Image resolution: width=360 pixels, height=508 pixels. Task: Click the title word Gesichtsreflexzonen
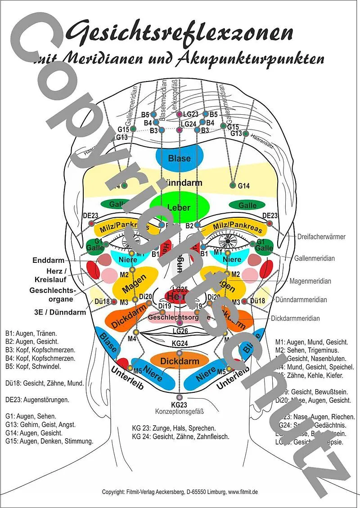[x=180, y=32]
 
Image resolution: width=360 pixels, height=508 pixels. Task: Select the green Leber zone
[x=179, y=208]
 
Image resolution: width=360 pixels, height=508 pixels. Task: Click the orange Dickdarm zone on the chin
[x=179, y=360]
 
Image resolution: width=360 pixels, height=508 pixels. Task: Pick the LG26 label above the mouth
[x=180, y=331]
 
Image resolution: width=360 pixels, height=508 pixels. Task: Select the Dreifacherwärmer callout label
[x=321, y=236]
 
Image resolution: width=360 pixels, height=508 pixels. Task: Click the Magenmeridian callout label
[x=310, y=281]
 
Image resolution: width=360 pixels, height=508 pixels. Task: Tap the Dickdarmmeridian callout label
[x=295, y=318]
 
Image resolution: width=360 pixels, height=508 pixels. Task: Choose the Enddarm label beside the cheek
[x=49, y=261]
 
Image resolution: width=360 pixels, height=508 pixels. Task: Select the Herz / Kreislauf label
[x=56, y=275]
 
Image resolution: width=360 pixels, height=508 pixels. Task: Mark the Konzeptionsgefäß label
[x=179, y=411]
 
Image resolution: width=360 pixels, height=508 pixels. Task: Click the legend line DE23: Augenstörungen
[x=37, y=400]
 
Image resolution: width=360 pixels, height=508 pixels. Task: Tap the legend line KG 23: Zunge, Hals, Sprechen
[x=174, y=428]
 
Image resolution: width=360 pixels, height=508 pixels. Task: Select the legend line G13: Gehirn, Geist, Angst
[x=40, y=424]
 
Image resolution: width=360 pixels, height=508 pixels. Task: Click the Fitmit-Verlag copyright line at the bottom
[x=180, y=492]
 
